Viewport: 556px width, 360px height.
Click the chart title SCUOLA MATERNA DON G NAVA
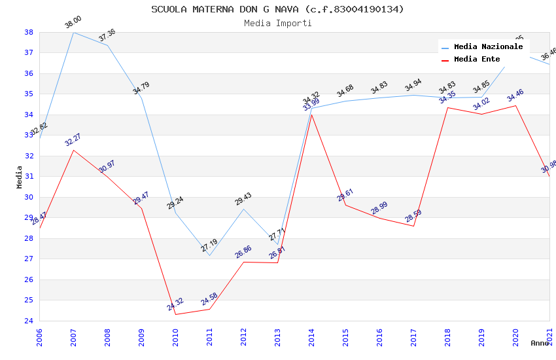coord(277,9)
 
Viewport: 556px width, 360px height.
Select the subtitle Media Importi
coord(277,24)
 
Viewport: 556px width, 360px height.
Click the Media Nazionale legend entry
coord(488,47)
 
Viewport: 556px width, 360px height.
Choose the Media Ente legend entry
coord(477,60)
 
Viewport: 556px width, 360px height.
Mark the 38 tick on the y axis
coord(29,32)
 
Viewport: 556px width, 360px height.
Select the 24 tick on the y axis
coord(29,321)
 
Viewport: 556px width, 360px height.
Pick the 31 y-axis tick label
coord(29,177)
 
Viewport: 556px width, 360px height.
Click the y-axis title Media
coord(20,177)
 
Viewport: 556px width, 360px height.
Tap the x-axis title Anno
coord(540,343)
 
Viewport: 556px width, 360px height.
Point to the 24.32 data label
coord(175,304)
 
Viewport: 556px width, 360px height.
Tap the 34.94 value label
coord(413,86)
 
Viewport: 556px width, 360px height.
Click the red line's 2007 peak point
coord(73,150)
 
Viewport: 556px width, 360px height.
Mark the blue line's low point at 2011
coord(209,255)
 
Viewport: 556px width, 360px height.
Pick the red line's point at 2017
coord(413,226)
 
